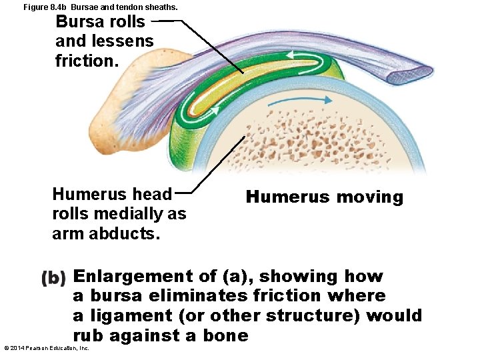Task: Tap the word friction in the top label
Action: coord(85,61)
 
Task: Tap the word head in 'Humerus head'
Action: coord(153,194)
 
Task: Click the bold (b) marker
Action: coord(53,277)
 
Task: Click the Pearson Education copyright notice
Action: coord(47,348)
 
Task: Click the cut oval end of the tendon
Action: coord(413,69)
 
